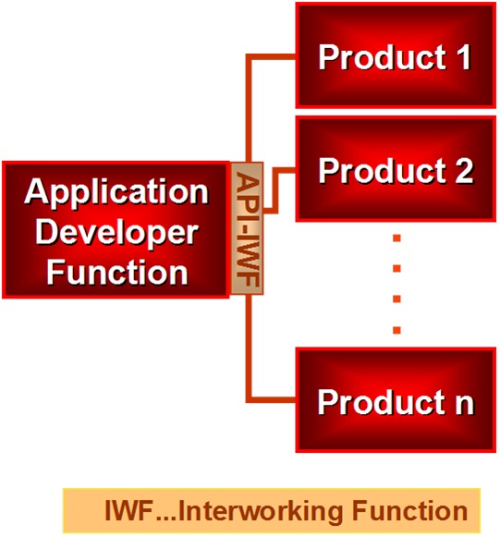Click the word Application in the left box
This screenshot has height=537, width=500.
(x=116, y=192)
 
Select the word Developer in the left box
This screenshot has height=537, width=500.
(x=116, y=232)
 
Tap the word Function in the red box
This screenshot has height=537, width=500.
(x=116, y=272)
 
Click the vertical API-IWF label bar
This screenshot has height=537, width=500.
(x=248, y=228)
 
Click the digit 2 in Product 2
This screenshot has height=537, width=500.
(x=464, y=170)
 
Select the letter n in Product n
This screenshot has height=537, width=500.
(x=464, y=405)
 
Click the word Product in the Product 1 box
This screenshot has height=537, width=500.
(x=383, y=57)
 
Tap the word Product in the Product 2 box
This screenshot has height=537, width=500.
(x=383, y=170)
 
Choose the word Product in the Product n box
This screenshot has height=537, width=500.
(x=382, y=402)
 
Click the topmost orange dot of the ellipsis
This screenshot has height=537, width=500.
(x=396, y=238)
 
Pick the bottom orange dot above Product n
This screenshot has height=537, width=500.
(x=396, y=330)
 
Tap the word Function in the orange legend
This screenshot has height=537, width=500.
(x=410, y=510)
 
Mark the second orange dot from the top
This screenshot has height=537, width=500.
(x=396, y=268)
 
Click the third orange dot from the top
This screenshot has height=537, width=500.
(x=396, y=299)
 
